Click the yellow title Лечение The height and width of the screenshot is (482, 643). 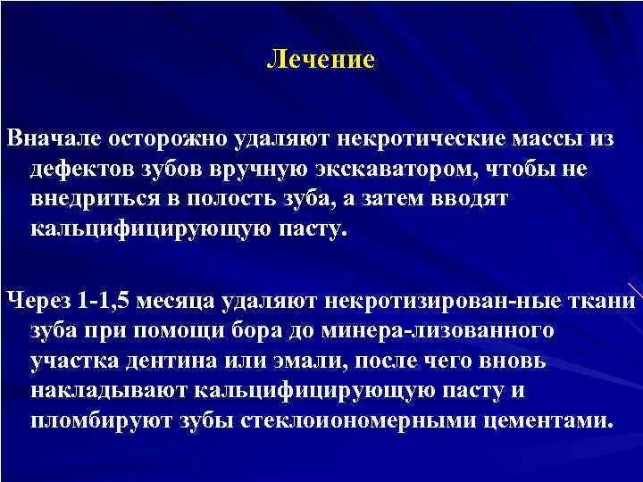[321, 61]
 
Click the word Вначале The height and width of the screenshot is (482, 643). [53, 140]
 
